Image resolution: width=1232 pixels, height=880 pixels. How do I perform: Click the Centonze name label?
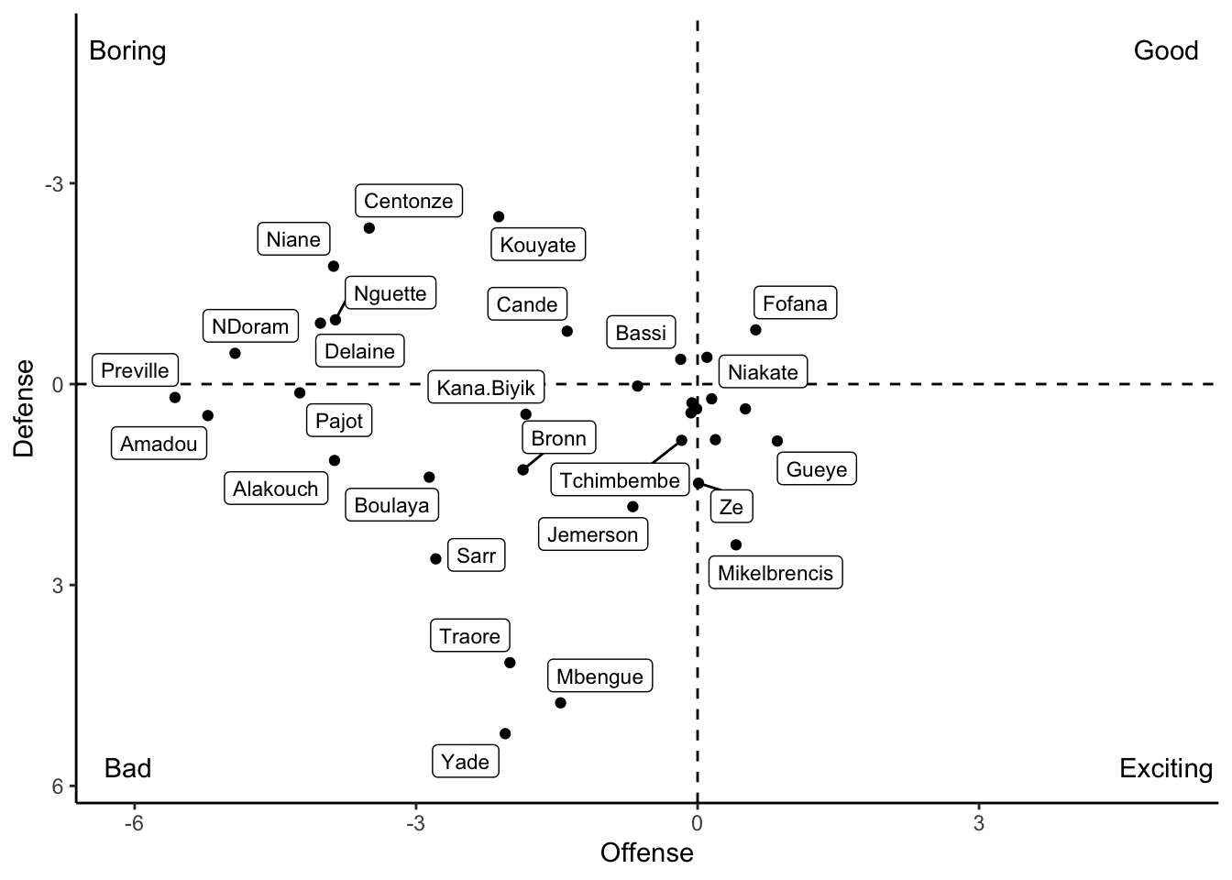(x=409, y=201)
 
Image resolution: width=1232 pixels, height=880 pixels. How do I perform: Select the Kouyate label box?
(x=538, y=245)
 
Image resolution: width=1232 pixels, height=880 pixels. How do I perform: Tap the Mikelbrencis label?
(x=775, y=573)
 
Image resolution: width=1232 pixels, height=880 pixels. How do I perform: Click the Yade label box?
(x=466, y=761)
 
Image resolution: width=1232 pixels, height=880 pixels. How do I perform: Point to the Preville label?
(x=136, y=370)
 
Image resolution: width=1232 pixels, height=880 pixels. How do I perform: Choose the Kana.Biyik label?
(x=486, y=387)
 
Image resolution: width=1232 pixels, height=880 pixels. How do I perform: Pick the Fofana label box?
(x=795, y=302)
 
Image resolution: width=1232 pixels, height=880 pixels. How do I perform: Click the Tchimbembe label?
(x=620, y=480)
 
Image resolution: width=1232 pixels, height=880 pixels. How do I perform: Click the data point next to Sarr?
(x=435, y=558)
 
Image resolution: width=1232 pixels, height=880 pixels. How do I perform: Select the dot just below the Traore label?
(x=510, y=662)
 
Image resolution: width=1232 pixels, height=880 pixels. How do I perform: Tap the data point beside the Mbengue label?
(x=560, y=702)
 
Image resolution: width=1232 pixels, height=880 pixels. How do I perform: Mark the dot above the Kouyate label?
(x=499, y=216)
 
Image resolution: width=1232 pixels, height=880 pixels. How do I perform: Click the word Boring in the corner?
(x=127, y=50)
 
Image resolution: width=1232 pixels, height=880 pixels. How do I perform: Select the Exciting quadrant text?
(x=1165, y=768)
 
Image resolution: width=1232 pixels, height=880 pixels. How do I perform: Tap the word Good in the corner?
(x=1165, y=50)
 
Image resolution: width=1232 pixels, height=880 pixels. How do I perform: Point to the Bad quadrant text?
(x=127, y=768)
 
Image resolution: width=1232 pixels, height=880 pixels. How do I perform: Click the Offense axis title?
(x=646, y=853)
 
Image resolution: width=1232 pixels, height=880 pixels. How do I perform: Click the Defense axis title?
(x=25, y=407)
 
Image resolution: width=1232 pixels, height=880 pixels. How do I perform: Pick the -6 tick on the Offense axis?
(x=134, y=823)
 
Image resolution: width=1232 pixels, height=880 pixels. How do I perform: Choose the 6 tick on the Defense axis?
(x=57, y=786)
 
